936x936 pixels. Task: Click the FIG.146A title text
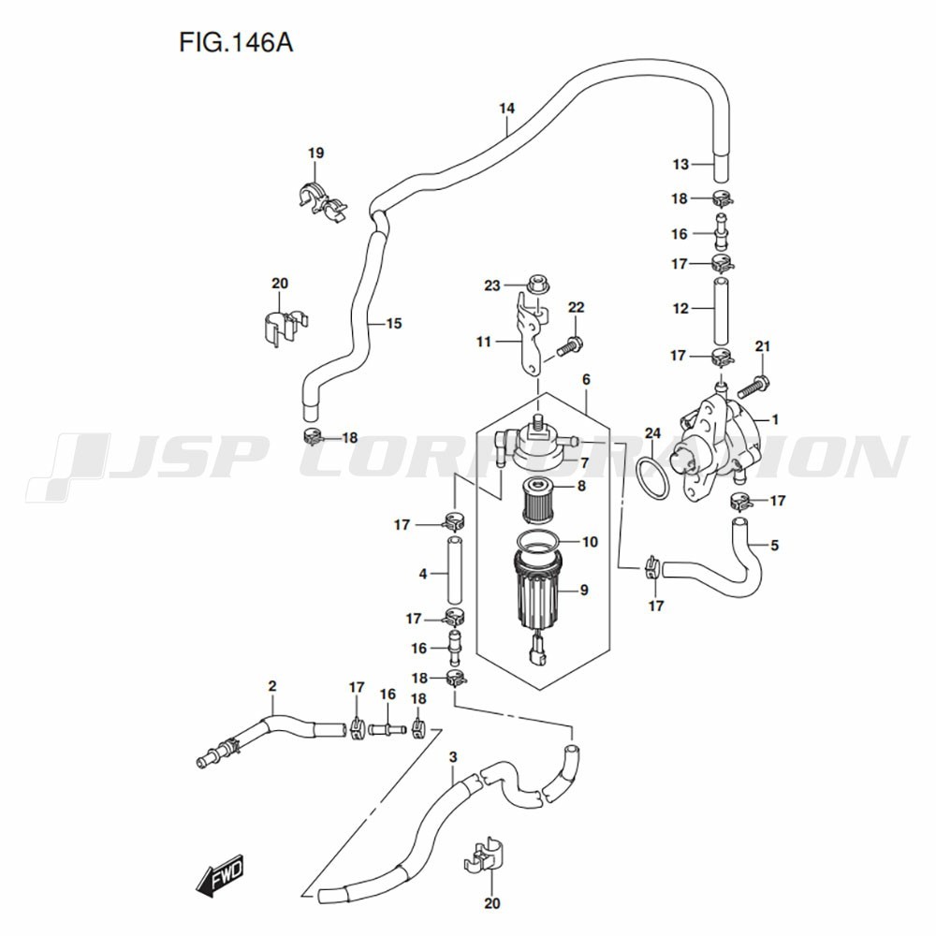pyautogui.click(x=236, y=43)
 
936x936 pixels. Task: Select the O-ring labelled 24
pyautogui.click(x=653, y=477)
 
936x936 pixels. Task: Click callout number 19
pyautogui.click(x=315, y=153)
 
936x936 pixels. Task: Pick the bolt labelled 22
pyautogui.click(x=568, y=347)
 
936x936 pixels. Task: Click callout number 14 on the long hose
pyautogui.click(x=506, y=109)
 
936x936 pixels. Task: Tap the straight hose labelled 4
pyautogui.click(x=456, y=571)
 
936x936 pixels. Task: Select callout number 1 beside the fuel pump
pyautogui.click(x=775, y=419)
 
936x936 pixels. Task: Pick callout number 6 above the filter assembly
pyautogui.click(x=586, y=379)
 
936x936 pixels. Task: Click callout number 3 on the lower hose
pyautogui.click(x=453, y=757)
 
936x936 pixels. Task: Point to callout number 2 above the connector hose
pyautogui.click(x=272, y=686)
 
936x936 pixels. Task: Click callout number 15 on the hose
pyautogui.click(x=394, y=323)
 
